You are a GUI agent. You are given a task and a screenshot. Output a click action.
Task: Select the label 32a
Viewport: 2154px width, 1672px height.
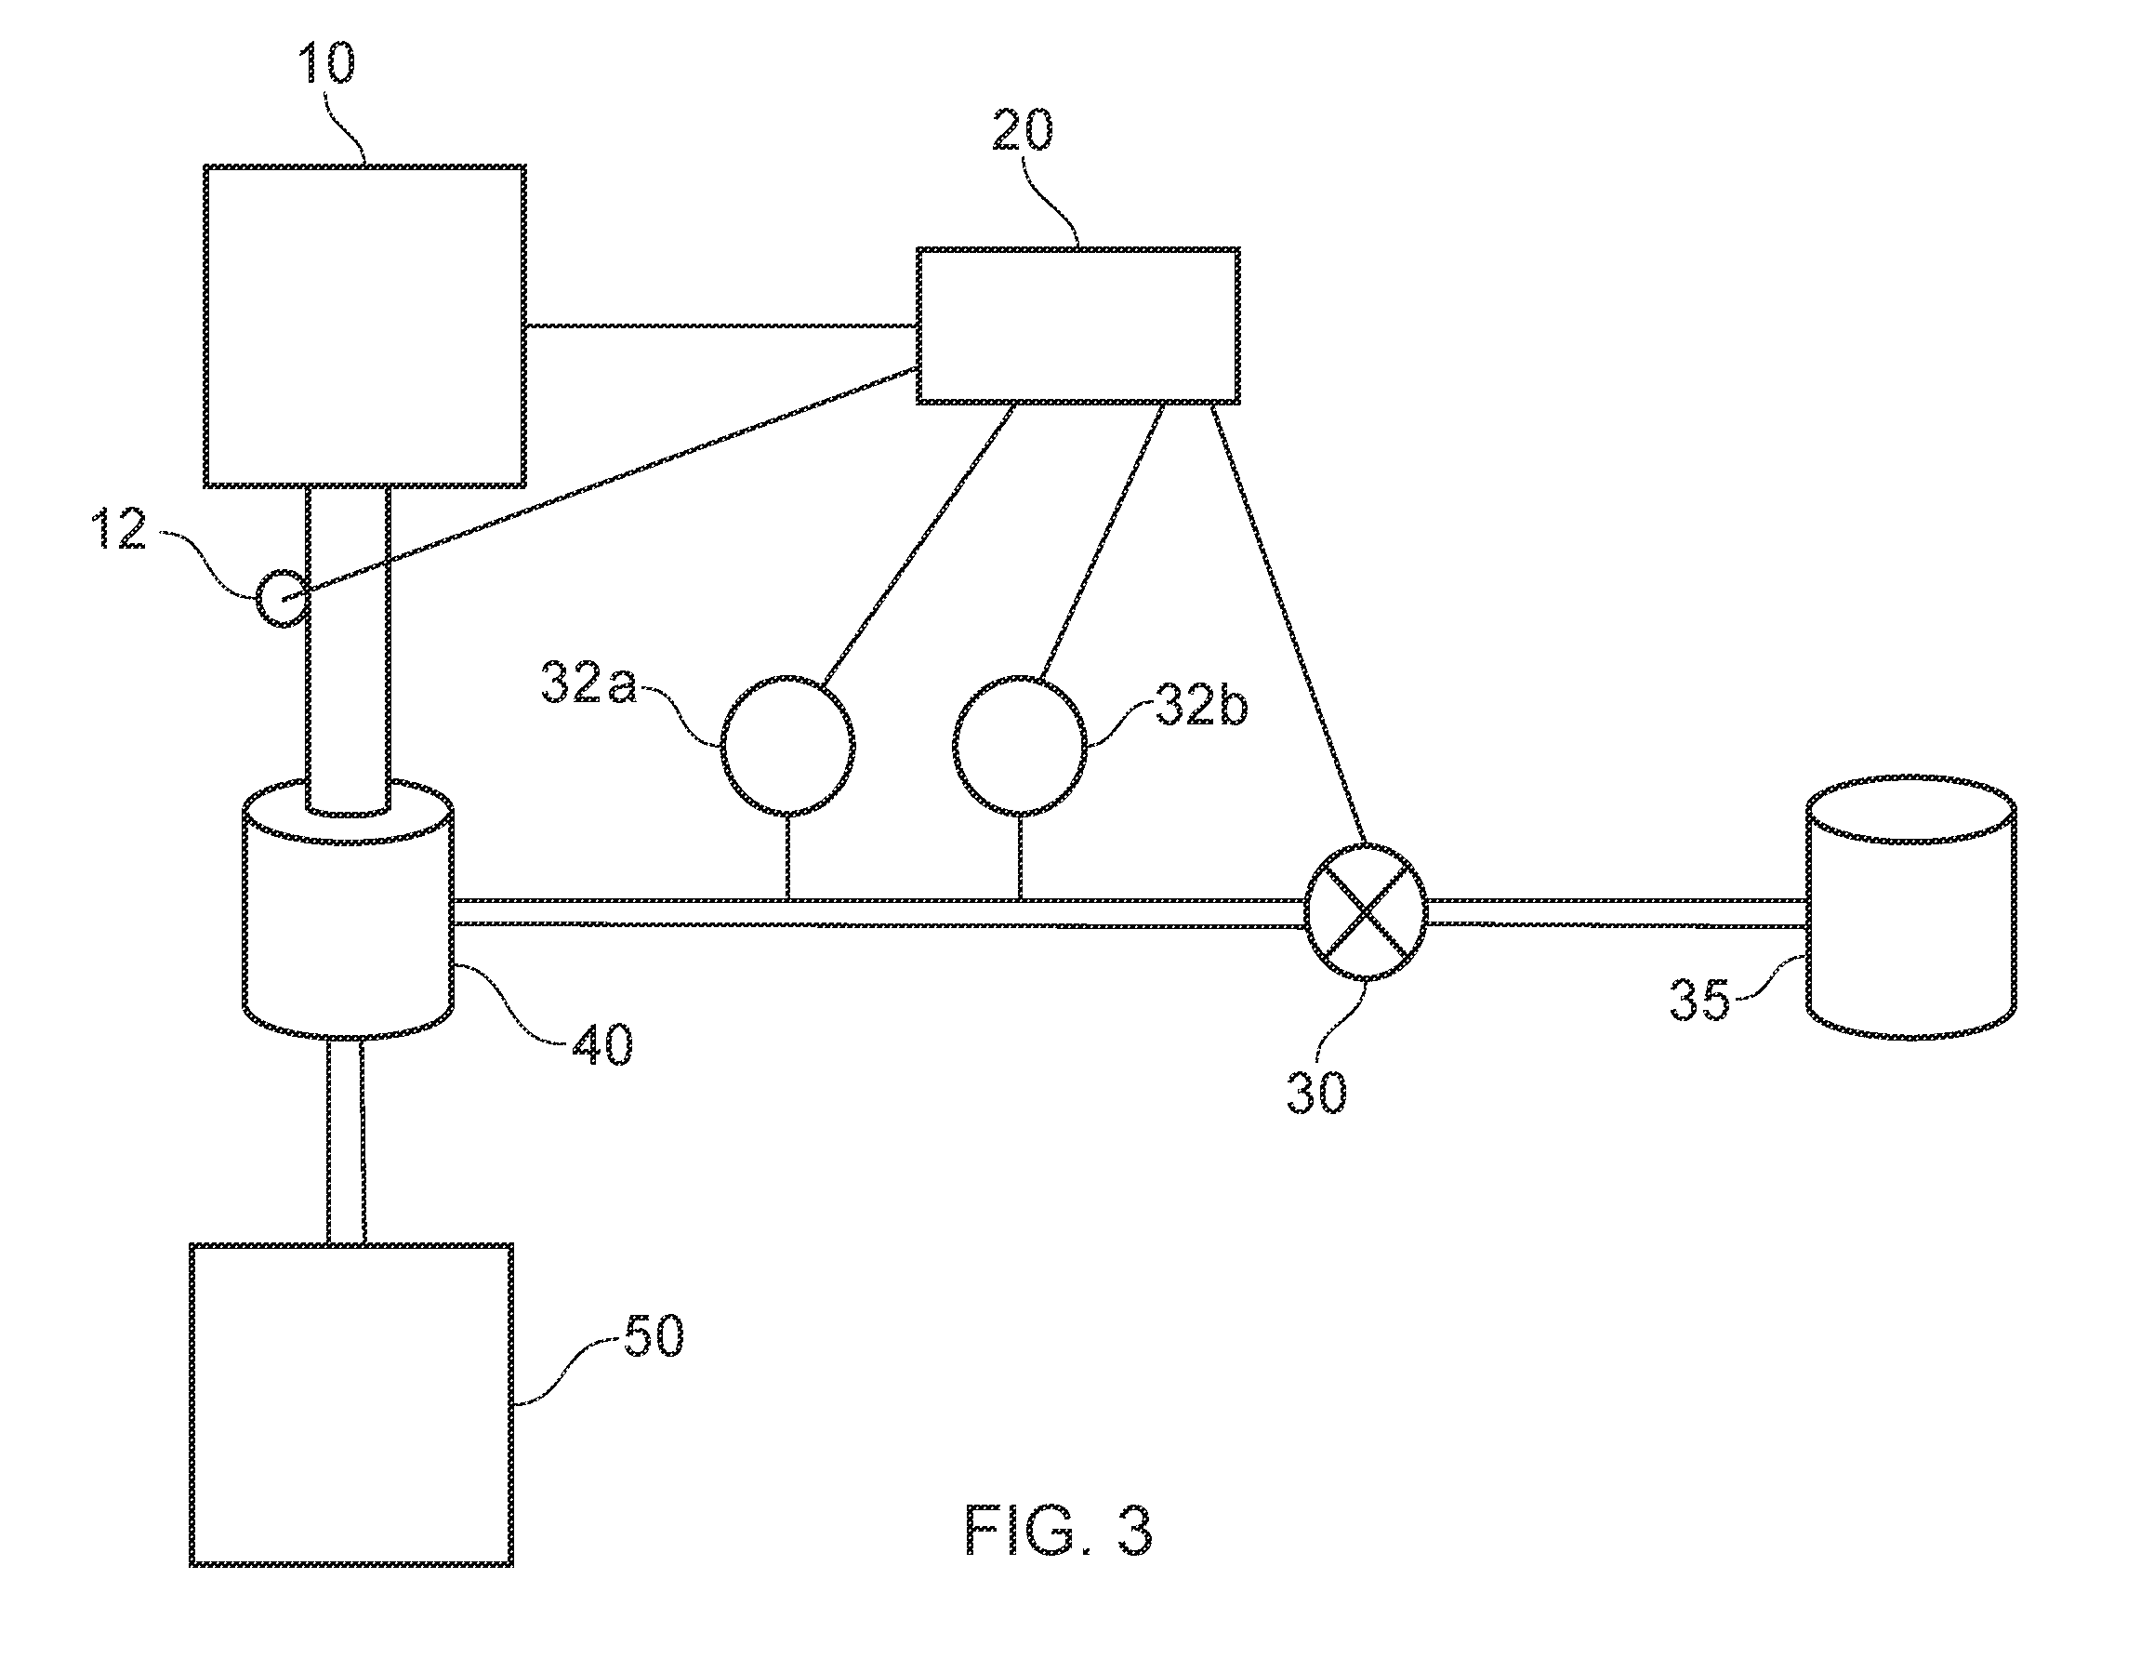click(588, 683)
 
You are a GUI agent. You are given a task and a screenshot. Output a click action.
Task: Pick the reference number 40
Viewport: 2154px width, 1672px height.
click(601, 1044)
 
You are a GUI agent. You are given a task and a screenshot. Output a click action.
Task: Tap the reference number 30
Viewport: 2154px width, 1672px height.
click(1316, 1092)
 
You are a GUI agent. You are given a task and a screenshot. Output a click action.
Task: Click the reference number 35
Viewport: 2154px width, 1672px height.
click(1699, 1000)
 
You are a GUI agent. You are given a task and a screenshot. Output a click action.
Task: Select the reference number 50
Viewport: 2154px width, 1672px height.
click(653, 1336)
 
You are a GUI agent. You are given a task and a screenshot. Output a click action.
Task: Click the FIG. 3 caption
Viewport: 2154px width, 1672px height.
click(1058, 1531)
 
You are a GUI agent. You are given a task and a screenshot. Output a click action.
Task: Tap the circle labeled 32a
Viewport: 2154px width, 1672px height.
click(787, 746)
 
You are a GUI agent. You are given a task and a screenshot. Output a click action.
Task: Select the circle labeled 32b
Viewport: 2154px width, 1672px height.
click(1020, 746)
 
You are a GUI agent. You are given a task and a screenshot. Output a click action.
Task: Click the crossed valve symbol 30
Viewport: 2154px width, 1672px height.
click(1366, 912)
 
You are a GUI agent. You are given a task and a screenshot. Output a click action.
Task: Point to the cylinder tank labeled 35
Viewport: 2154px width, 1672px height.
click(1910, 908)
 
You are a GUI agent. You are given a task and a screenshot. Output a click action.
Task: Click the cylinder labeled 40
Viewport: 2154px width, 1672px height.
click(347, 909)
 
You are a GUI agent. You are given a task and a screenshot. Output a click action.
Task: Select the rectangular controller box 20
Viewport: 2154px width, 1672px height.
click(1078, 325)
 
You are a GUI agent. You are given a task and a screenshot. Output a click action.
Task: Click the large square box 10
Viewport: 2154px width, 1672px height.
click(363, 325)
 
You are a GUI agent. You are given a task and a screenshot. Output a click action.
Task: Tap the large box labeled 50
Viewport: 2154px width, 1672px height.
click(351, 1405)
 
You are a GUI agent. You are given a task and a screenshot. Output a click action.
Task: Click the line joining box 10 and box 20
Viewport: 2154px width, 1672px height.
click(721, 325)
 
